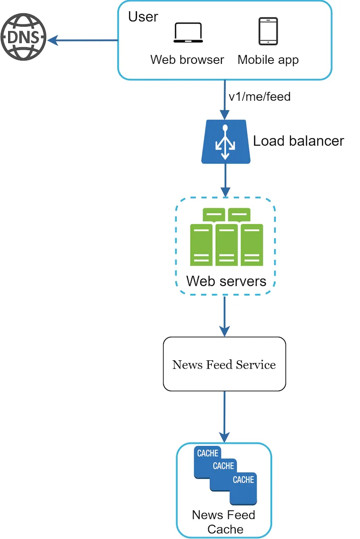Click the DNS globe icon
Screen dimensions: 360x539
(23, 37)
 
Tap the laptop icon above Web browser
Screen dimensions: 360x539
(188, 33)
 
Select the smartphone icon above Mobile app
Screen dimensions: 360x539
(268, 31)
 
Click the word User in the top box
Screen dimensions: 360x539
(143, 17)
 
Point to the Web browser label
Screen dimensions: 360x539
(187, 60)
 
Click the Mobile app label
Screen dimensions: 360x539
(268, 60)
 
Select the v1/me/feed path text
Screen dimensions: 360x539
(260, 97)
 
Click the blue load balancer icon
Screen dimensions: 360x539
(226, 142)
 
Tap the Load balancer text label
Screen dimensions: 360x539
(298, 141)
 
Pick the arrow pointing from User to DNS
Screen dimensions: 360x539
(83, 40)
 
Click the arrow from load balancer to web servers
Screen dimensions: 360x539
(226, 180)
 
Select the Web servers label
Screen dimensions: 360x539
(226, 281)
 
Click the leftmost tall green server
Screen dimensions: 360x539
(201, 245)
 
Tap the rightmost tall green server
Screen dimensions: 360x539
(252, 245)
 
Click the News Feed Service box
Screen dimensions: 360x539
(224, 364)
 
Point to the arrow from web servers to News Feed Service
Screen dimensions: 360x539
(224, 316)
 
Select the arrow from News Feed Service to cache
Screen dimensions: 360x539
(224, 417)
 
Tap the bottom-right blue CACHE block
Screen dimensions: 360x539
(243, 489)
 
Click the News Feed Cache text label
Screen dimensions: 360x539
(224, 522)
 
